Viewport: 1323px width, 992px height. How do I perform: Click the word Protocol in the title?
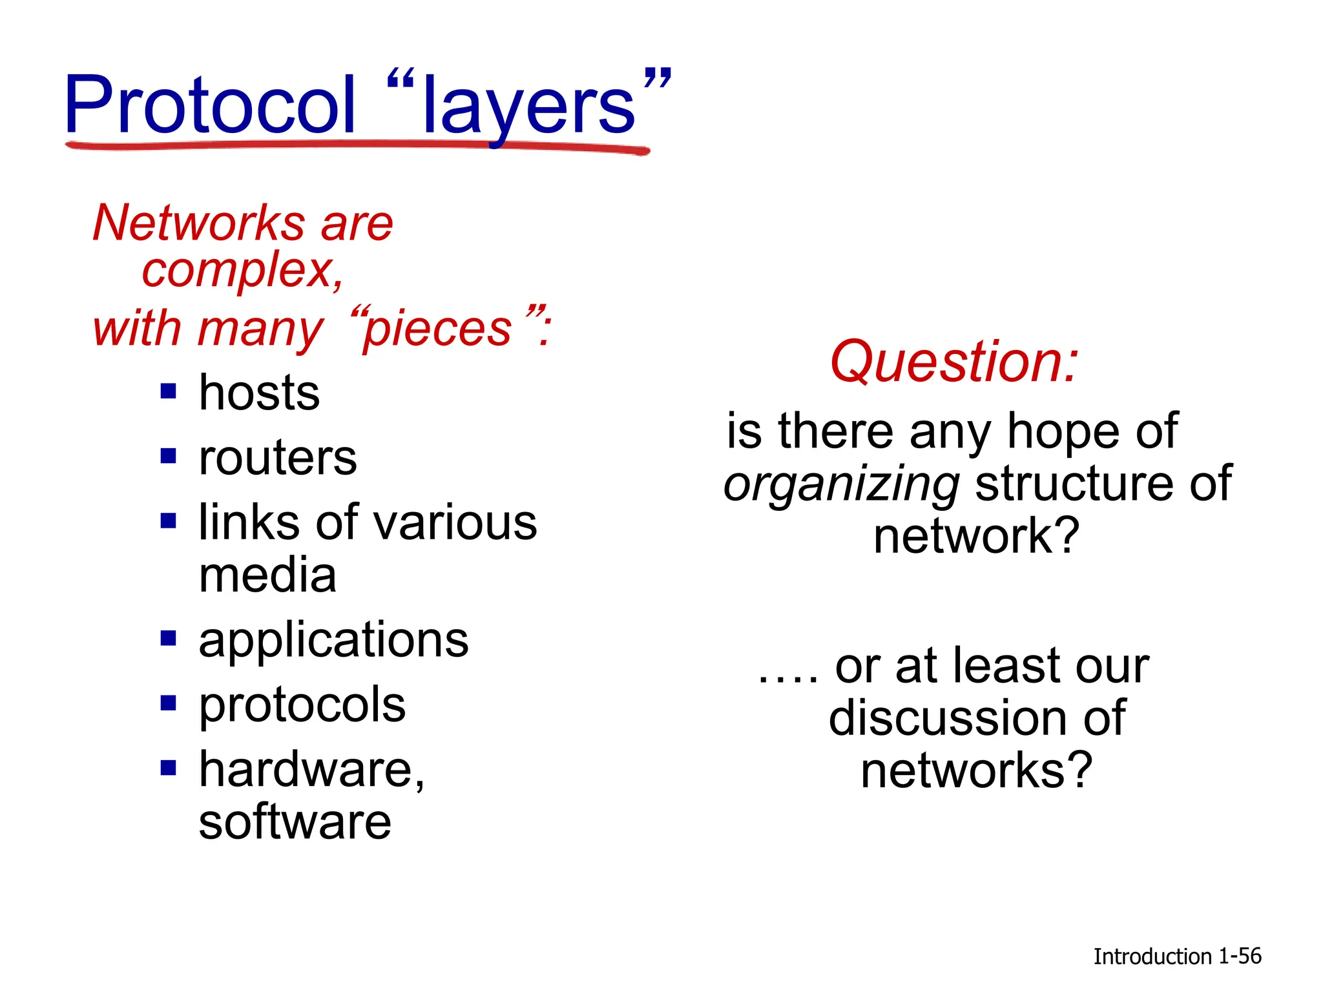tap(210, 105)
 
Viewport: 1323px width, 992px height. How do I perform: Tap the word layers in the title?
tap(528, 107)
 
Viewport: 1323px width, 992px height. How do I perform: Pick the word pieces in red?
tap(438, 329)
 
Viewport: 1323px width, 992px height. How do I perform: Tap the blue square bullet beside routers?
tap(169, 457)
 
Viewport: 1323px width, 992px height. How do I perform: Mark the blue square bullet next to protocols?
tap(169, 703)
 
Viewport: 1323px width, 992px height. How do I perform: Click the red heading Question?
tap(954, 362)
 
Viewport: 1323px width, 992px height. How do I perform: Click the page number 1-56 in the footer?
tap(1240, 956)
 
